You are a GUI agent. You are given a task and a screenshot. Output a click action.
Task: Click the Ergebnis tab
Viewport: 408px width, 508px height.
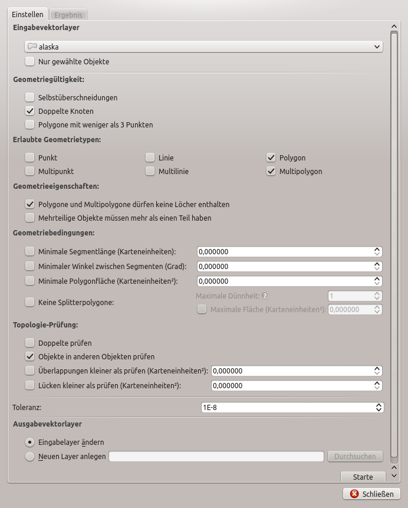[68, 15]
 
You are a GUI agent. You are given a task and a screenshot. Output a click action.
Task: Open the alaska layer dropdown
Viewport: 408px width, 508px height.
[203, 47]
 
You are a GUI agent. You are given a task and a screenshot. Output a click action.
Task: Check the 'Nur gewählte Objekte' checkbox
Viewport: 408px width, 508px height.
[30, 62]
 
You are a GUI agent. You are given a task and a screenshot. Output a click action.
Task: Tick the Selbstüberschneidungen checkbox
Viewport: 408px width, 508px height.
[30, 97]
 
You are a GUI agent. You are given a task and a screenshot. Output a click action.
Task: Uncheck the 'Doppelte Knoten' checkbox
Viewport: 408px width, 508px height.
[30, 111]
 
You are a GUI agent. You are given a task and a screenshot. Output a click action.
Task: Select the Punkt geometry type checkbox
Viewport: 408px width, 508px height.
[30, 158]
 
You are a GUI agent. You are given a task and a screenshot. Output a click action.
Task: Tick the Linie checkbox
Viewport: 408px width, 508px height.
[150, 158]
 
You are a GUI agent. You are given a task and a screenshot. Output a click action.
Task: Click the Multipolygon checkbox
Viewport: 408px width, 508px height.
[271, 171]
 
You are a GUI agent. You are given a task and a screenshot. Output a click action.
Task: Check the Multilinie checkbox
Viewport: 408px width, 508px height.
[150, 171]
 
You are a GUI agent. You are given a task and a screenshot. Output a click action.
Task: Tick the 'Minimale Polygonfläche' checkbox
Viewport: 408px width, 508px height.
[30, 281]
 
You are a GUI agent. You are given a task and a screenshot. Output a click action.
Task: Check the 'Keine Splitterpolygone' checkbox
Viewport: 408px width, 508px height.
[30, 302]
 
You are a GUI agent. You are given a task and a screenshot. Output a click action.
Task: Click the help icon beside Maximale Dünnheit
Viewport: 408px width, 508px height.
[265, 296]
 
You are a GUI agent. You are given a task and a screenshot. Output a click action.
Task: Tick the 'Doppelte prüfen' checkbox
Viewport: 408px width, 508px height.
[30, 343]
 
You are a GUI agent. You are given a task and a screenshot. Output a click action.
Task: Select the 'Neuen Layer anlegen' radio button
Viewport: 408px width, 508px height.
[30, 456]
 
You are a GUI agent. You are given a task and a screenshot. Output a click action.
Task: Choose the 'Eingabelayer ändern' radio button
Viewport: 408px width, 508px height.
[30, 442]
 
